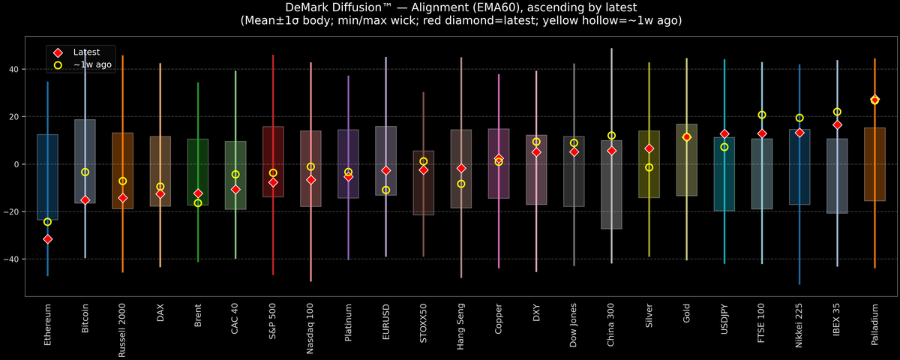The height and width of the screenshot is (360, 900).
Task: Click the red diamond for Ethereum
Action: [47, 239]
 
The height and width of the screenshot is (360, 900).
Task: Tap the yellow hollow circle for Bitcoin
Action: [85, 172]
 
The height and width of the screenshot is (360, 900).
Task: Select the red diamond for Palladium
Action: [874, 100]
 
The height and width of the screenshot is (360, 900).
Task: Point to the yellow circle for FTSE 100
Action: [762, 115]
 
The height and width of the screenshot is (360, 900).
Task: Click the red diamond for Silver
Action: [649, 148]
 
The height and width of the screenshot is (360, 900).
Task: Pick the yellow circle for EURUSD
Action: [385, 190]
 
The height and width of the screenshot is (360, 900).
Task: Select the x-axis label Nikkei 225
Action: [799, 325]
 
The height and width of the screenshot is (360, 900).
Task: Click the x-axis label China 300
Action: [611, 325]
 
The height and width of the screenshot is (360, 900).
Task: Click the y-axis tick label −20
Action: [12, 211]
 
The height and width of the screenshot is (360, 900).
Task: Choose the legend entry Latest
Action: [85, 52]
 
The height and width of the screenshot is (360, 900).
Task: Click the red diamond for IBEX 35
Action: [837, 124]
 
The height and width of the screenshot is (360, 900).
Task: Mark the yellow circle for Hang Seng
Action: [461, 184]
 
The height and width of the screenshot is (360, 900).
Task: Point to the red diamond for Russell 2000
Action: [123, 198]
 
